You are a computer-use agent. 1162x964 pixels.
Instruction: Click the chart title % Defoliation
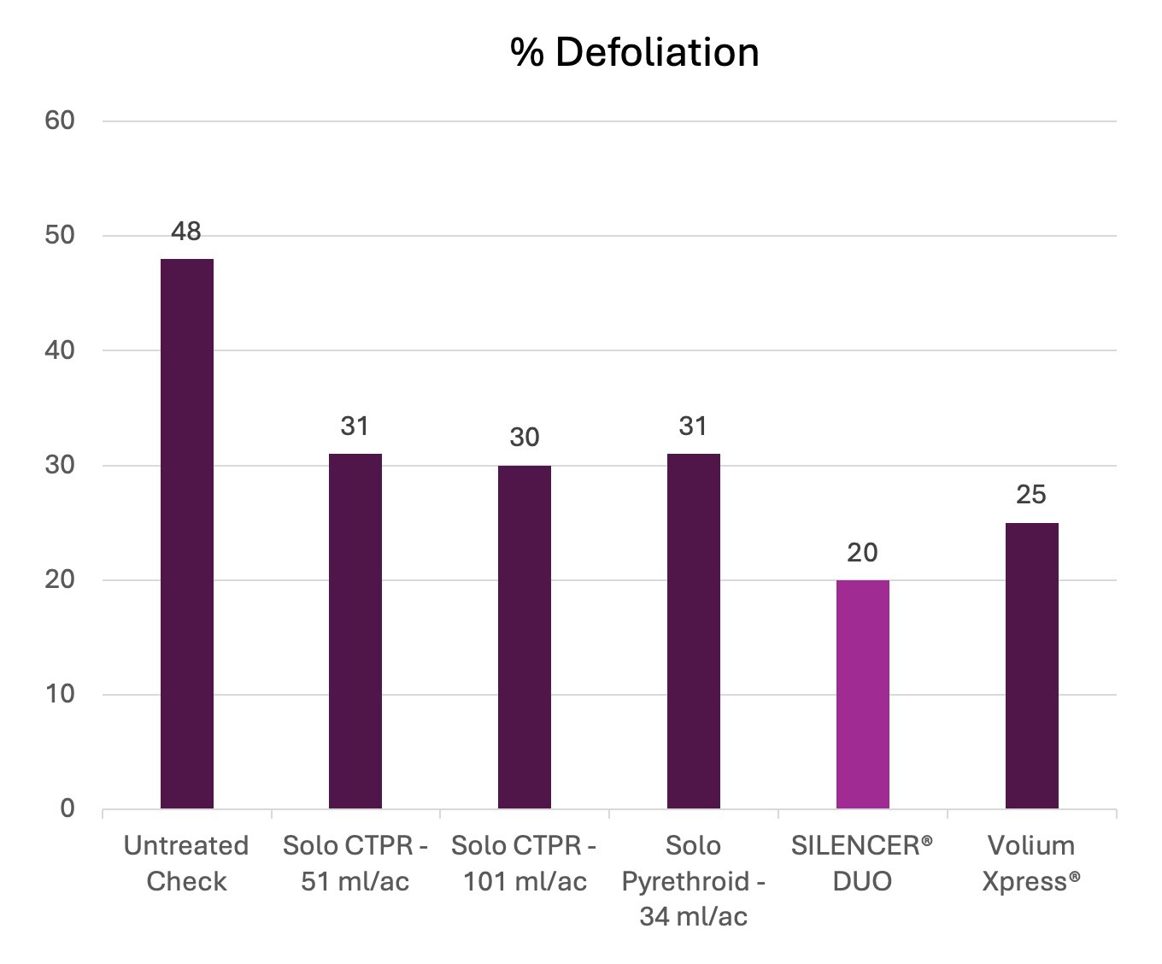(634, 52)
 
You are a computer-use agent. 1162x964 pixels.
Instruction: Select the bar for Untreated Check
(186, 533)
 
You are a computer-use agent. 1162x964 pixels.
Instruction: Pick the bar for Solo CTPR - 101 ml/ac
(524, 637)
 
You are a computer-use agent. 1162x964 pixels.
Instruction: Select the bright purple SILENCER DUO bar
(862, 694)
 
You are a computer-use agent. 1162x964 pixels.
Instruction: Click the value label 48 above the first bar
(186, 232)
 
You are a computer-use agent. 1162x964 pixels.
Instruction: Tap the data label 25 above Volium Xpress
(1031, 495)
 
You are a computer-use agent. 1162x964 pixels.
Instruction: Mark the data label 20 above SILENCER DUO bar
(862, 553)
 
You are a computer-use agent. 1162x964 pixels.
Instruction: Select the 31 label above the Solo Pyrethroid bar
(693, 426)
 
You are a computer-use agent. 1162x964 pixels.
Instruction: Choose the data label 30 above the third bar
(524, 438)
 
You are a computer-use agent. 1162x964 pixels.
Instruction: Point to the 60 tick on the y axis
(60, 120)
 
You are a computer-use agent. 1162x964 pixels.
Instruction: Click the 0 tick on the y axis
(67, 808)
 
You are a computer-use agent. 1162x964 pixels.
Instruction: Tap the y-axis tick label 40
(60, 350)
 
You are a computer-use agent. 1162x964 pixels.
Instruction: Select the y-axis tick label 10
(60, 694)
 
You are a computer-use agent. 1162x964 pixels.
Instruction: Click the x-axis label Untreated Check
(186, 863)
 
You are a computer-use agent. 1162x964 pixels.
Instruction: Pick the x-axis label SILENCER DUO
(862, 863)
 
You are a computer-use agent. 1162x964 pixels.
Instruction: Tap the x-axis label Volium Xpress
(1031, 863)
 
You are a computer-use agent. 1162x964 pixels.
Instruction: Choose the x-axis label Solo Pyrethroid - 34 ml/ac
(693, 881)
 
